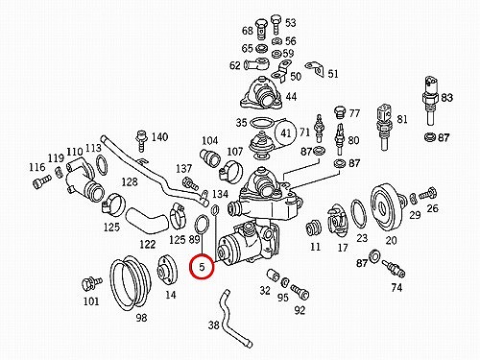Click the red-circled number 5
point(202,267)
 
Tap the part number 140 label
point(159,137)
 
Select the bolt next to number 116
point(41,180)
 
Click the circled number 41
point(286,132)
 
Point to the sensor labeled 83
point(430,100)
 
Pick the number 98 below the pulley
point(141,318)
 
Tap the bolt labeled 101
point(91,283)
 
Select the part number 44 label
point(291,96)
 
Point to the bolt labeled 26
point(428,193)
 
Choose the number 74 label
point(396,288)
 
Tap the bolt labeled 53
point(276,25)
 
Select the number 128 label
point(130,182)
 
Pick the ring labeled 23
point(359,214)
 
